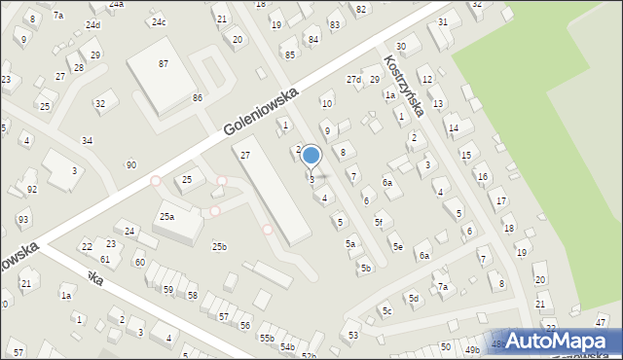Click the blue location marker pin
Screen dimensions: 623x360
click(311, 156)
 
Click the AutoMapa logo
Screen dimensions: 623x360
click(567, 340)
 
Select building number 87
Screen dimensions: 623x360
click(164, 63)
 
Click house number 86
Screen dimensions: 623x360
click(197, 98)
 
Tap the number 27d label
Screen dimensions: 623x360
click(353, 79)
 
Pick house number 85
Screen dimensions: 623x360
click(290, 54)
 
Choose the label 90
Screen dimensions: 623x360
click(130, 165)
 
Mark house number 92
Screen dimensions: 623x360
click(32, 189)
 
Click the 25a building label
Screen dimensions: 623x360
click(167, 216)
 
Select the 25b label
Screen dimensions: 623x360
click(220, 247)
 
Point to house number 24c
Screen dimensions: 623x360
click(158, 22)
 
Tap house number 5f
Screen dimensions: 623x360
click(379, 223)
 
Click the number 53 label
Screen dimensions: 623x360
click(352, 335)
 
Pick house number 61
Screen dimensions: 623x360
click(104, 259)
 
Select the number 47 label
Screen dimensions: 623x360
click(601, 322)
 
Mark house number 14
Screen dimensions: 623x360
click(453, 127)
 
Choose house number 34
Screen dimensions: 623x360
click(87, 141)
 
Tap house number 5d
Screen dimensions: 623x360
click(413, 298)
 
